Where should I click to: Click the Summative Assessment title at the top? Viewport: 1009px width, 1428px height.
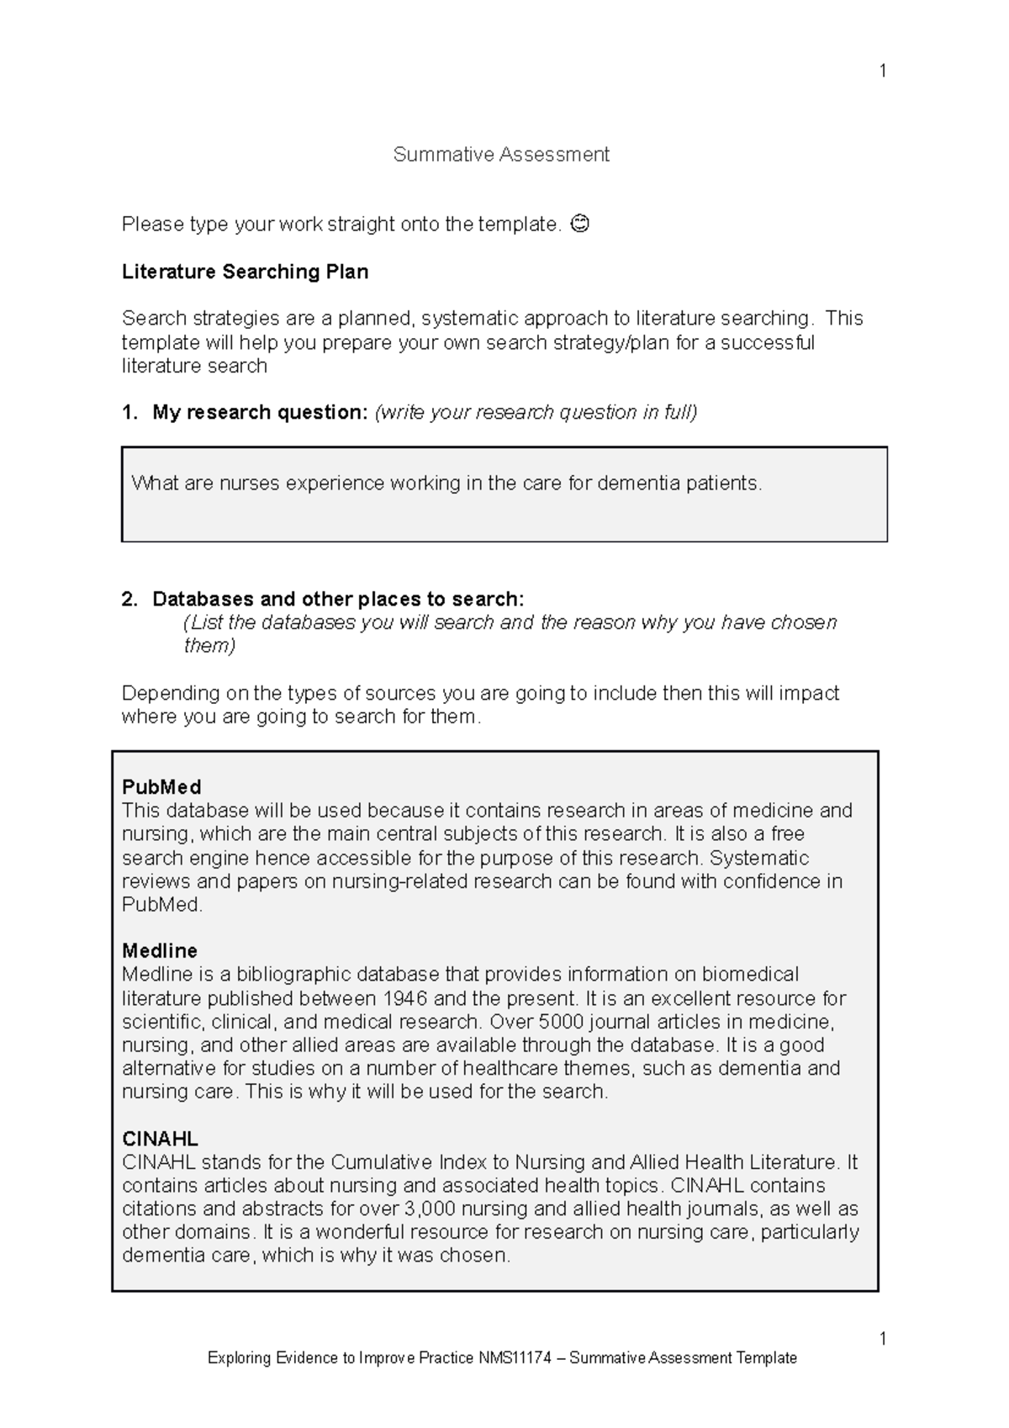pos(501,155)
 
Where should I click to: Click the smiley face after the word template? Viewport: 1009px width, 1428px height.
pos(579,224)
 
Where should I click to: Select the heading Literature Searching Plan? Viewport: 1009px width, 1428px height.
pos(245,272)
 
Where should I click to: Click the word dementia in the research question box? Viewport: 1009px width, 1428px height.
pos(638,484)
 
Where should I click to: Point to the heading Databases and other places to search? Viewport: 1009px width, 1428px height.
pos(337,599)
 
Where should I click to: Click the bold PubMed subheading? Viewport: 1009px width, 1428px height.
pos(161,787)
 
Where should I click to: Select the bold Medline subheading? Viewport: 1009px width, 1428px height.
pos(160,950)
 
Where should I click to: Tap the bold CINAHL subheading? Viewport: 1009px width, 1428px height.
pos(160,1139)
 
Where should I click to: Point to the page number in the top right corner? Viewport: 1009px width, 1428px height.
pos(882,71)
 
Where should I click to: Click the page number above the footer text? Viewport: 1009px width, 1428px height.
pos(882,1338)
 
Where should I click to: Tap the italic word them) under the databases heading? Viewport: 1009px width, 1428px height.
pos(209,646)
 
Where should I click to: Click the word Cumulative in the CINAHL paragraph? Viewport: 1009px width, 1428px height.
pos(382,1162)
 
